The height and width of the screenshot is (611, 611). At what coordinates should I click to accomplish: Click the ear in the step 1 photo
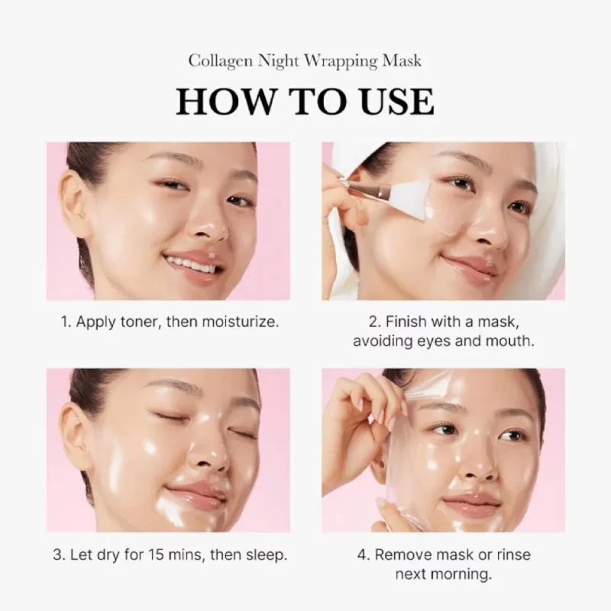click(75, 202)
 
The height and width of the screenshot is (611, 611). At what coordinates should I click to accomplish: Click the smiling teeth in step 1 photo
click(191, 265)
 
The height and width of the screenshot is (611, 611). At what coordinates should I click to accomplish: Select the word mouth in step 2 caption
click(510, 341)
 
